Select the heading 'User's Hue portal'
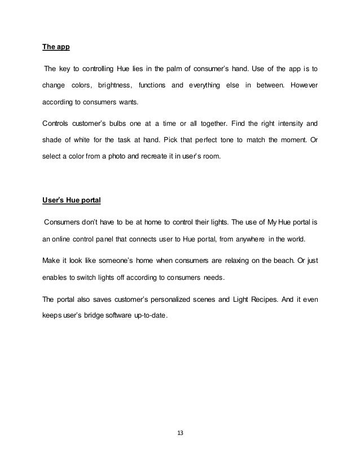(x=70, y=199)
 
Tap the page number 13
(x=180, y=433)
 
